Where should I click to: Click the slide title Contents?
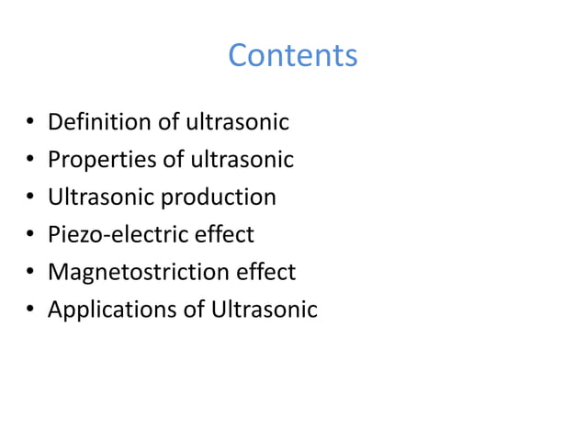pos(292,56)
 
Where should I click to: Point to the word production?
pos(217,197)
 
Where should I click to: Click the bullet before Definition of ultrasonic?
pos(29,123)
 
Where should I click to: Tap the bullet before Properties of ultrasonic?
pos(29,161)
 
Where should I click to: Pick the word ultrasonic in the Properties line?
pos(242,160)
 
